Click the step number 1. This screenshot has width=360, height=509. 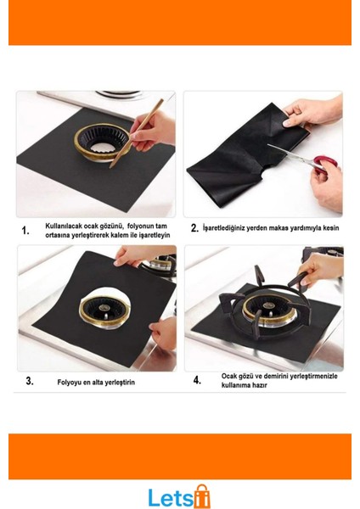click(x=25, y=231)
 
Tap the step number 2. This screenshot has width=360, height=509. click(x=194, y=228)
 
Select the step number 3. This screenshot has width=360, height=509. click(x=30, y=381)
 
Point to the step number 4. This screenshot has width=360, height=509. click(x=197, y=380)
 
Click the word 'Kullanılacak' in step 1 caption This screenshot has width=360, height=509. click(x=64, y=226)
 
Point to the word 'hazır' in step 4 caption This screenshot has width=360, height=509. click(x=260, y=385)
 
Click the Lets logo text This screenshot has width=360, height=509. click(x=171, y=497)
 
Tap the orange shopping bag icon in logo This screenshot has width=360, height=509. click(x=202, y=496)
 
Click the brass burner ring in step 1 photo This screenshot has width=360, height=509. click(x=103, y=143)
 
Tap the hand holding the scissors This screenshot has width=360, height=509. click(x=327, y=184)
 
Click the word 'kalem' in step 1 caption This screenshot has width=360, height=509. click(x=120, y=235)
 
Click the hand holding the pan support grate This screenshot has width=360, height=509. click(x=320, y=267)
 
